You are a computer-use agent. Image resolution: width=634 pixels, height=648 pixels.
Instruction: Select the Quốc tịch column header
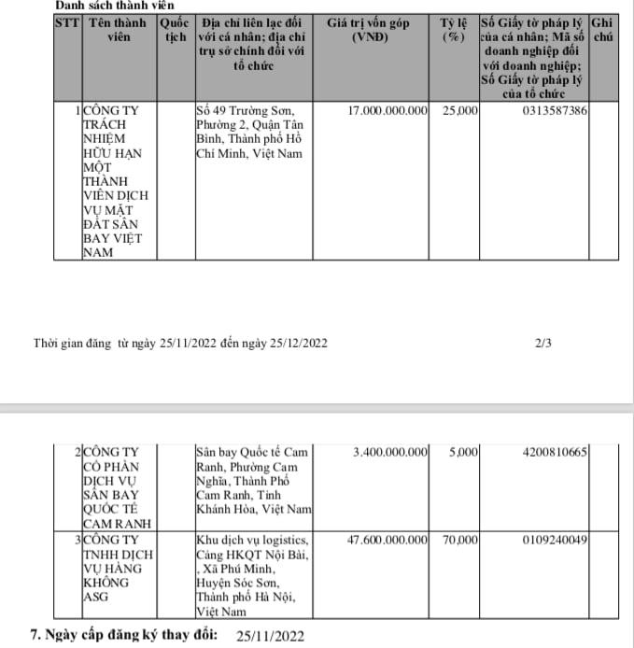tap(176, 29)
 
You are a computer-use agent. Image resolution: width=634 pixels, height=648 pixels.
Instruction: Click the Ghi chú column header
tap(604, 29)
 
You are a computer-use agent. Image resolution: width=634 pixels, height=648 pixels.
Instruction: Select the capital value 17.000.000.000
tap(387, 111)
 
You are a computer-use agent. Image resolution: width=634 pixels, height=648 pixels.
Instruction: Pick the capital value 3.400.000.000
tap(391, 453)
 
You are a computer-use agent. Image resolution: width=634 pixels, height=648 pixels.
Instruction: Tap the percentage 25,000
tap(460, 111)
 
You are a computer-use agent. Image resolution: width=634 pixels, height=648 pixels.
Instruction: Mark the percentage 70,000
tap(460, 540)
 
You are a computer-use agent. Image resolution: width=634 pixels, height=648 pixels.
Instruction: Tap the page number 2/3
tap(543, 344)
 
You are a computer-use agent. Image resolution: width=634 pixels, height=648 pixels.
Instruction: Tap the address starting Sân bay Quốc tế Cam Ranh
tap(252, 481)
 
